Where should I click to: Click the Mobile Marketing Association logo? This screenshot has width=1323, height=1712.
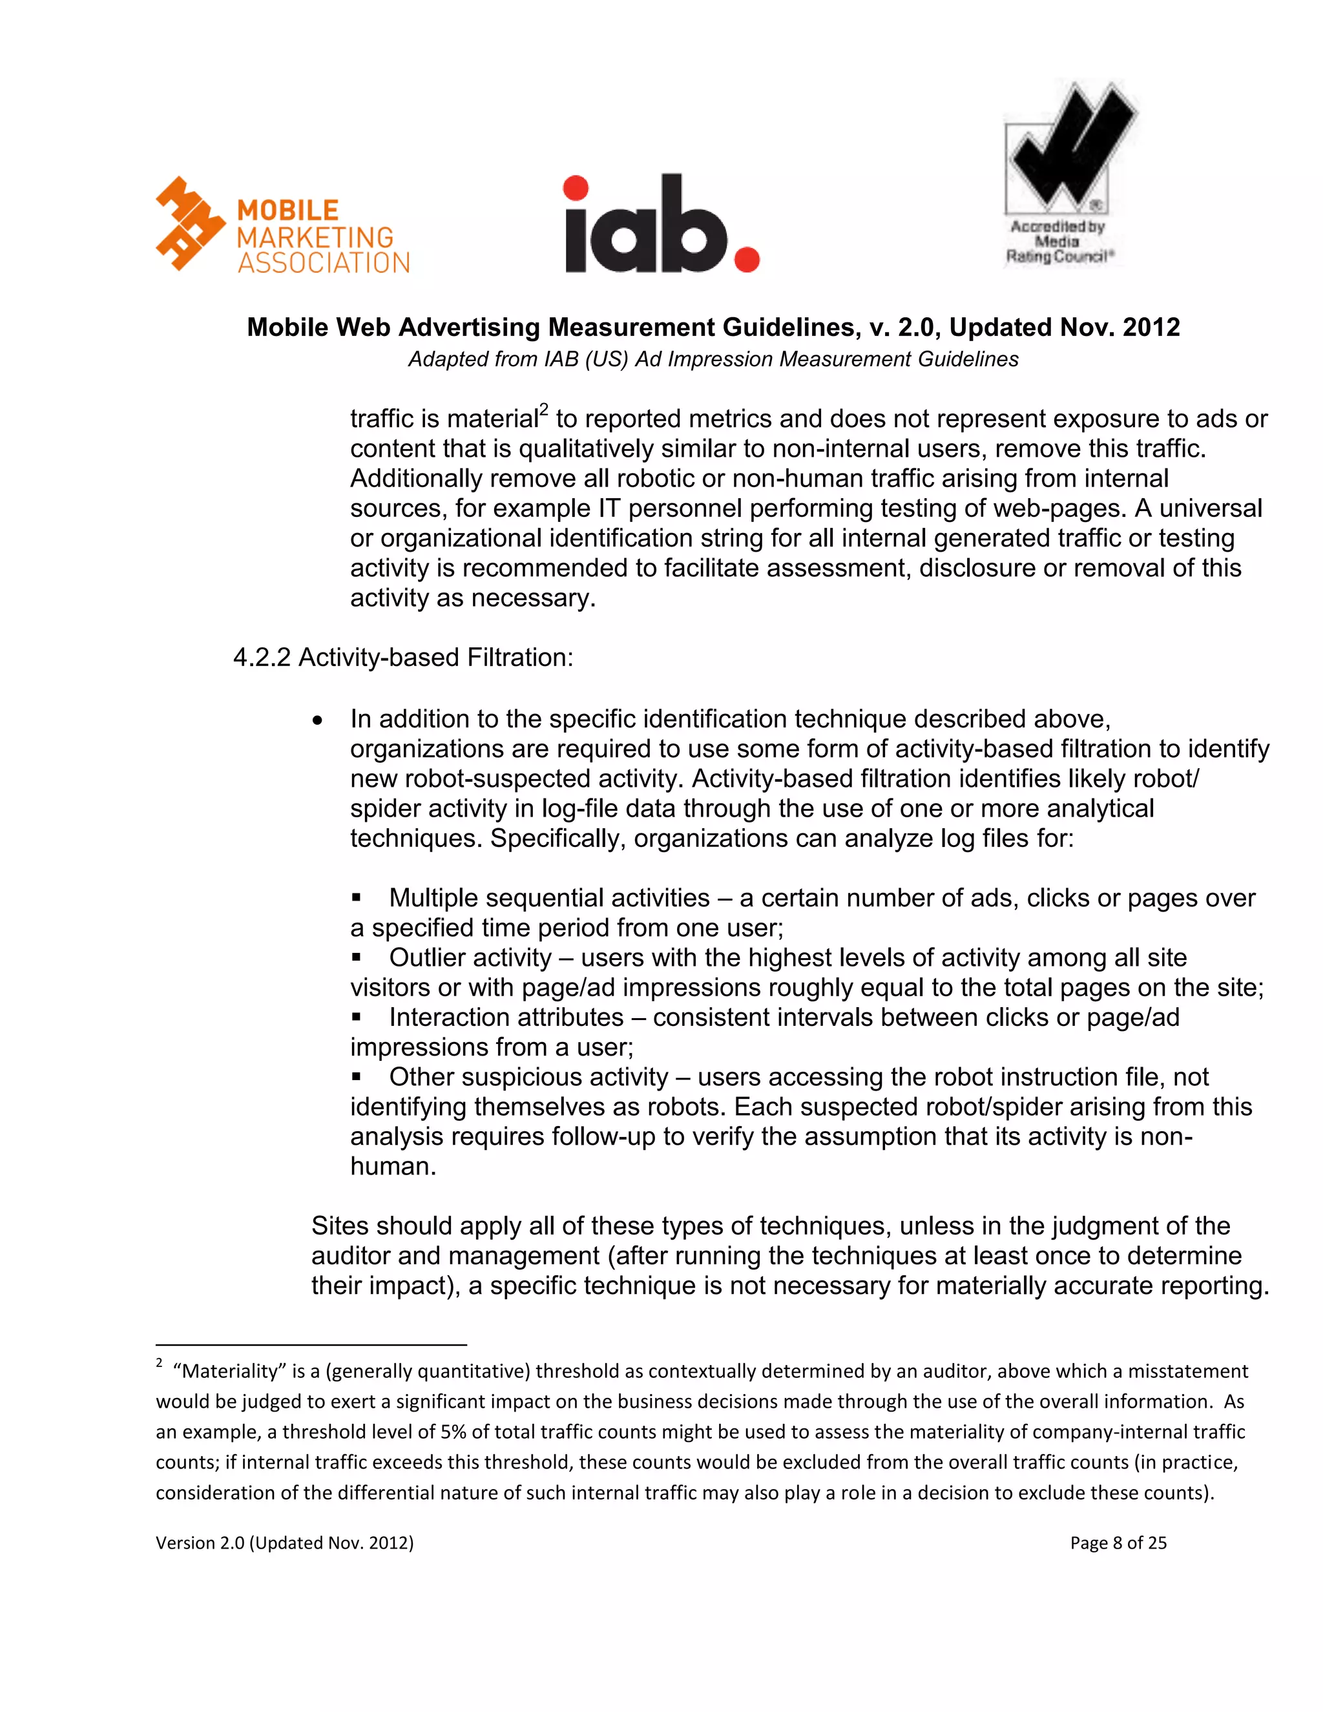tap(282, 225)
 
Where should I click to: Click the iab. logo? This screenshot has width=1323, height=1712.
tap(661, 225)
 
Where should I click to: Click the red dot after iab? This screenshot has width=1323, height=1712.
tap(746, 260)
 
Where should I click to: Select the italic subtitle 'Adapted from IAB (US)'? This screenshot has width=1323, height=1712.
tap(713, 359)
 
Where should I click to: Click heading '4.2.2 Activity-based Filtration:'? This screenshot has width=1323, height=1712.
tap(403, 657)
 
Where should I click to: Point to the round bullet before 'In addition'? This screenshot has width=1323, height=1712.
tap(317, 720)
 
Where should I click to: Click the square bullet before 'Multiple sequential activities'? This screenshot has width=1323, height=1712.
tap(357, 897)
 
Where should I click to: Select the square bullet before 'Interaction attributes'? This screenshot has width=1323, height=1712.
tap(357, 1017)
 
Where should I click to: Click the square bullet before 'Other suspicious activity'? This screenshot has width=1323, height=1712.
tap(357, 1076)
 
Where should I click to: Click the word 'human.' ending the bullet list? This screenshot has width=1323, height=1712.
tap(393, 1166)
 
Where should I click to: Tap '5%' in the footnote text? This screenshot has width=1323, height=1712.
tap(453, 1432)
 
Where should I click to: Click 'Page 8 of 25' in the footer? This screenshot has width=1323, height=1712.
tap(1118, 1543)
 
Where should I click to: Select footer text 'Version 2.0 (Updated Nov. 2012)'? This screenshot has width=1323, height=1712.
tap(284, 1543)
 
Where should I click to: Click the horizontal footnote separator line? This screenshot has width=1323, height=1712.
tap(311, 1344)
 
